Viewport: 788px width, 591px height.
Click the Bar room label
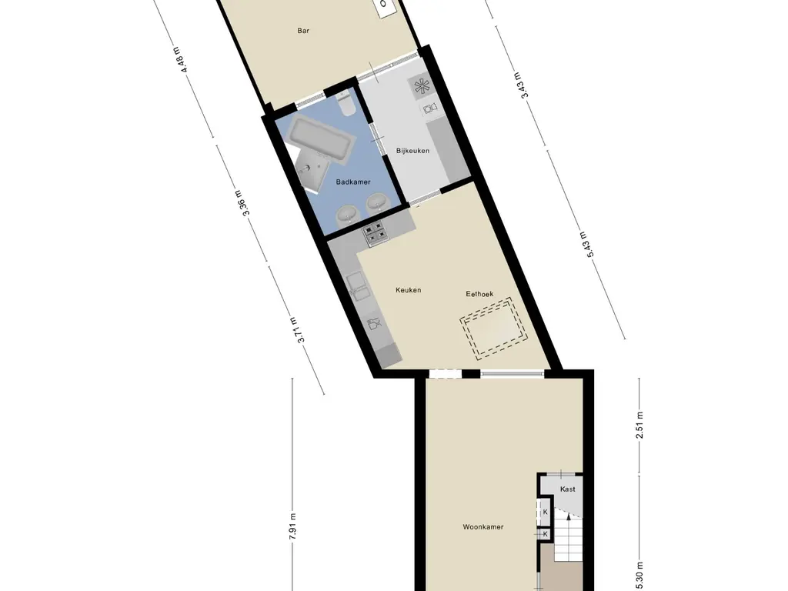point(303,32)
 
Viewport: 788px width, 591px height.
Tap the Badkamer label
point(353,182)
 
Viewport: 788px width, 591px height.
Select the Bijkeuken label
point(412,151)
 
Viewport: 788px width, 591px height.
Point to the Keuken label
point(408,290)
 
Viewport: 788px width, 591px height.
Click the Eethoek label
point(479,294)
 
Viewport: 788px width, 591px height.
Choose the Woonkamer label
point(483,527)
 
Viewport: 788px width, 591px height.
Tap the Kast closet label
point(567,489)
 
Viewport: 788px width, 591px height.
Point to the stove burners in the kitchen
point(376,233)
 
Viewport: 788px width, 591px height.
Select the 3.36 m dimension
point(245,203)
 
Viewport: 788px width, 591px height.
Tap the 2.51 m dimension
point(639,426)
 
